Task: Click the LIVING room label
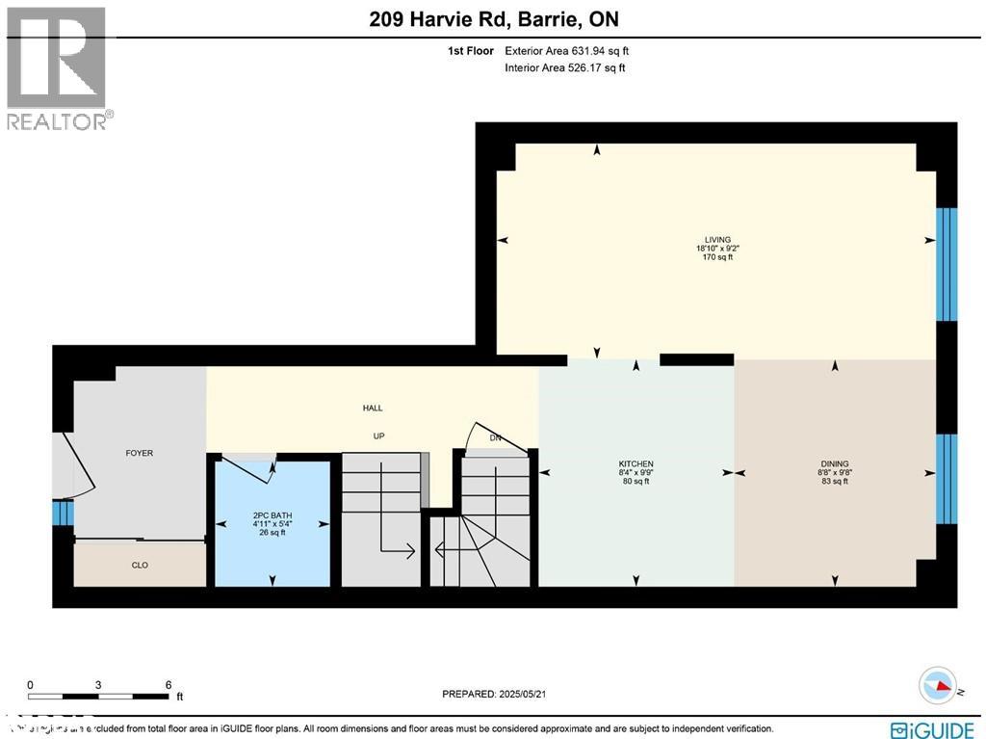point(717,240)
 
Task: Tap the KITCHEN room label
point(636,463)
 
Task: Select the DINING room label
point(834,463)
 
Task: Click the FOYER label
point(140,453)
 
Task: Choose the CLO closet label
point(140,566)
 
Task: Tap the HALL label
point(373,409)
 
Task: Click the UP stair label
point(379,436)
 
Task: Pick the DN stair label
point(496,438)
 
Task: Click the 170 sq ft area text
point(717,257)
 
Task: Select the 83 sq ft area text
point(834,481)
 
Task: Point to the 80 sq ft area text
point(636,481)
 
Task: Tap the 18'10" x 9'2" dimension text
point(717,249)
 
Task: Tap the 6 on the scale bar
point(168,685)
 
